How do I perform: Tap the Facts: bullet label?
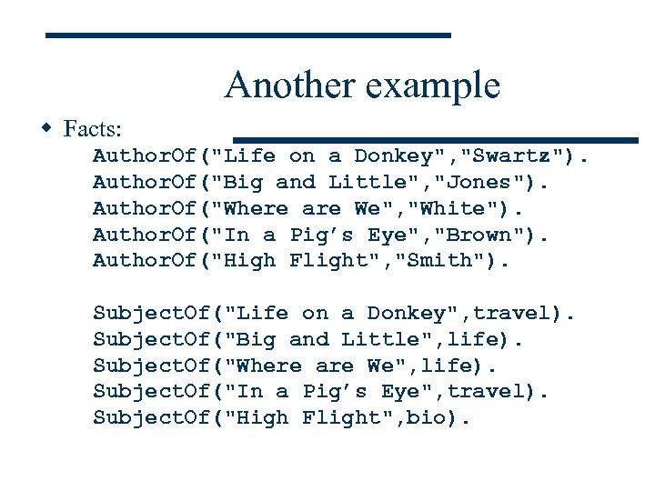tap(94, 128)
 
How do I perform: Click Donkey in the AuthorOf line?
tap(393, 155)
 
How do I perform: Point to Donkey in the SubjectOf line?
tap(406, 313)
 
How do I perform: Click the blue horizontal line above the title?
tap(248, 35)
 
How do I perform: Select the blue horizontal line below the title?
tap(436, 140)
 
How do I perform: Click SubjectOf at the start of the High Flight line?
tap(151, 418)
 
